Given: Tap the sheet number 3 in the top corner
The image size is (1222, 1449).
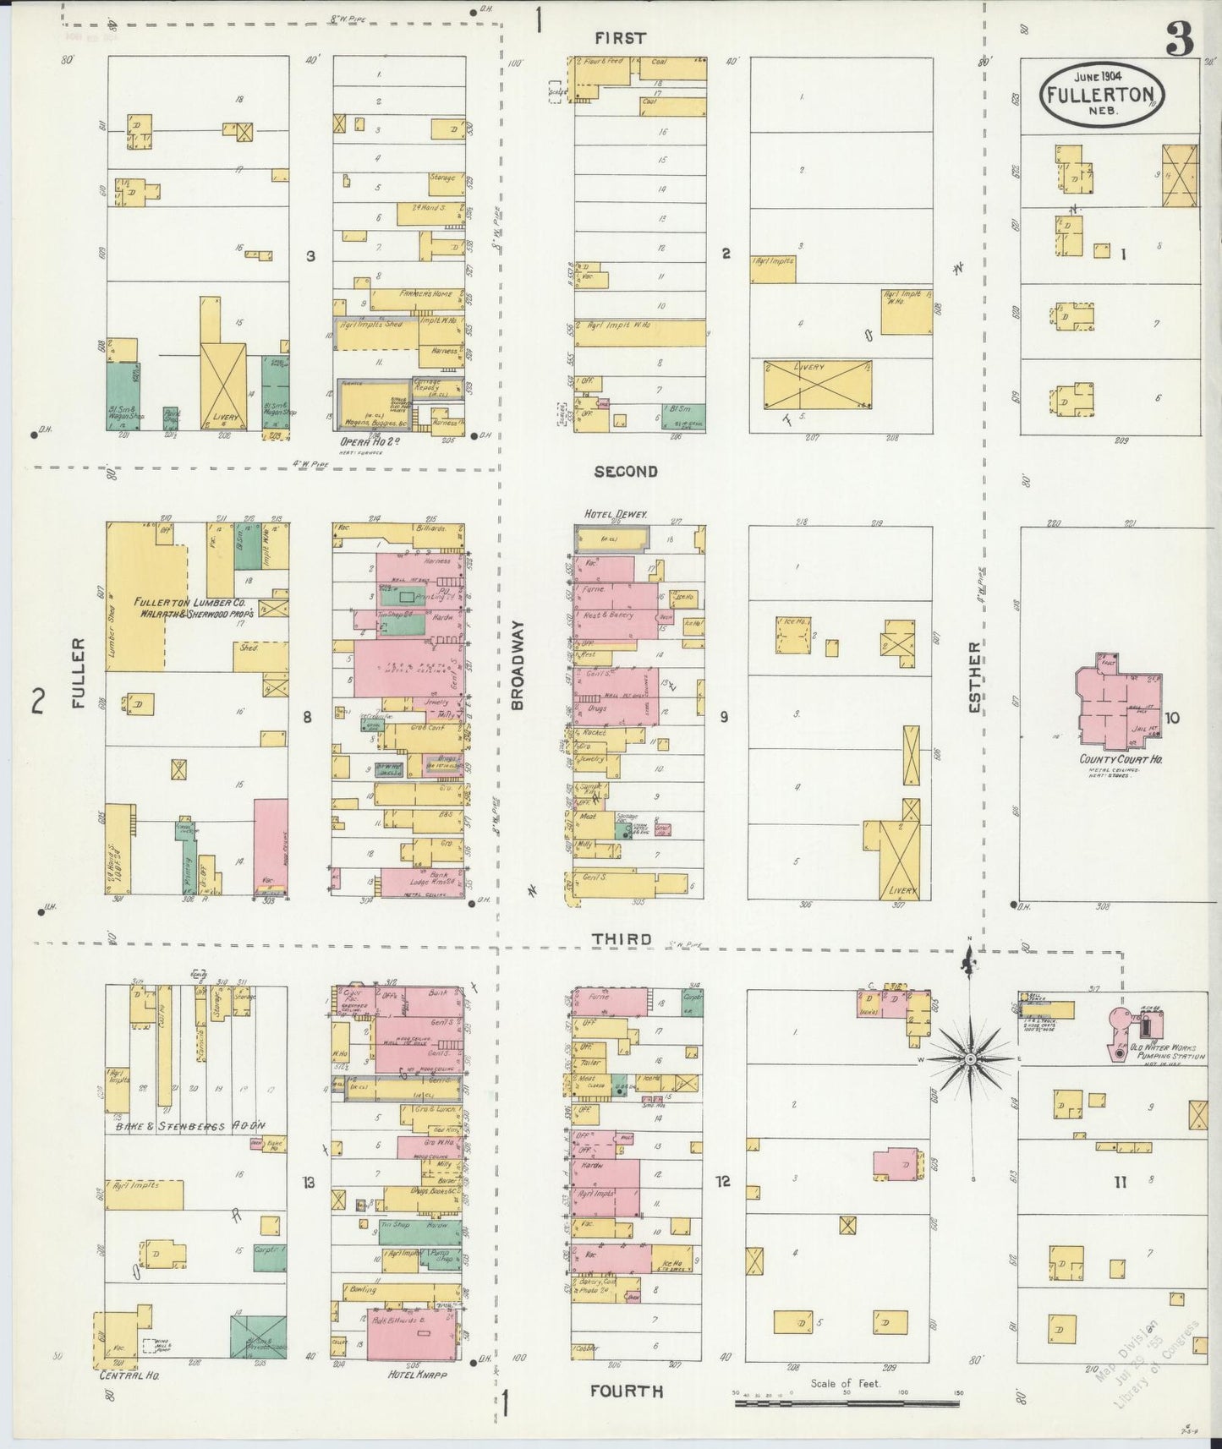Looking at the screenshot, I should coord(1179,38).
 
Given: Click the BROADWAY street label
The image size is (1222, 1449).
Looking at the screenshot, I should coord(518,665).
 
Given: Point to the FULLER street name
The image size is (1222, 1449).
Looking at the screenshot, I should coord(79,673).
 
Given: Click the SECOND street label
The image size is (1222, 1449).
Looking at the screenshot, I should coord(625,471).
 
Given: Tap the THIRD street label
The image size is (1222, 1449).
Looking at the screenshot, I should coord(622,939).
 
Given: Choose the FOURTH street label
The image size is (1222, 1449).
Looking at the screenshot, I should coord(627,1392).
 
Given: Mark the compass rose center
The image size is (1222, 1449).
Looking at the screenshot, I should coord(971,1058).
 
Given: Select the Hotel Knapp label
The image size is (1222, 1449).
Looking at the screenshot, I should coord(417,1375).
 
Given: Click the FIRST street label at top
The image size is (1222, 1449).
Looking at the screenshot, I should coord(619,38).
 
